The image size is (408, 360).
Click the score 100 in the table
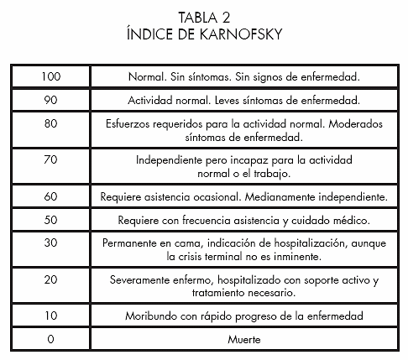pyautogui.click(x=51, y=76)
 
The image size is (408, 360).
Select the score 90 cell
pyautogui.click(x=50, y=100)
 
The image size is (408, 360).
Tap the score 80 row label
pyautogui.click(x=50, y=123)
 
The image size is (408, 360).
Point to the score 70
pyautogui.click(x=50, y=159)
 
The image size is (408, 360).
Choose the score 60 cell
pyautogui.click(x=50, y=196)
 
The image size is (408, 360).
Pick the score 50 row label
pyautogui.click(x=50, y=220)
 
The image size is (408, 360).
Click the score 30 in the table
pyautogui.click(x=50, y=243)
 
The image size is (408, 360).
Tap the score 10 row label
pyautogui.click(x=51, y=316)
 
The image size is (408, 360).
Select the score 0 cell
pyautogui.click(x=50, y=339)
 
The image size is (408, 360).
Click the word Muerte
pyautogui.click(x=244, y=340)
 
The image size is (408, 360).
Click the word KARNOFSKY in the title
pyautogui.click(x=241, y=34)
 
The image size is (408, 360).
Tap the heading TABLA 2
pyautogui.click(x=204, y=18)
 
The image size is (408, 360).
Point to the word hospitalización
pyautogui.click(x=311, y=243)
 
